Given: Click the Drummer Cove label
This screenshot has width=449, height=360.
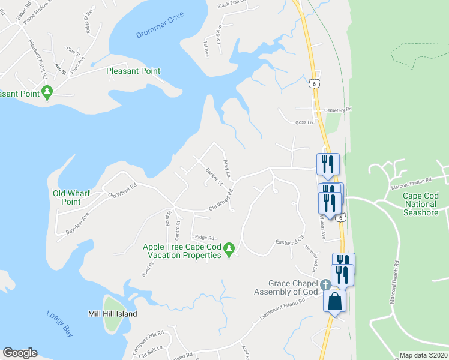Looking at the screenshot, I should click(160, 35).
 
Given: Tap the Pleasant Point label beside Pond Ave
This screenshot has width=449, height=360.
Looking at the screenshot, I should click(133, 71).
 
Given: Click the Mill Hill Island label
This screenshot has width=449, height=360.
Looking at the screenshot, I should click(112, 314).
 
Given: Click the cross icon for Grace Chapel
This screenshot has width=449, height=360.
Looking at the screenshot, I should click(325, 284).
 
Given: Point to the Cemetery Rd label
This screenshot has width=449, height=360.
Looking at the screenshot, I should click(337, 110).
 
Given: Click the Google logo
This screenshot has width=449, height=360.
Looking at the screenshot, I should click(20, 353).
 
